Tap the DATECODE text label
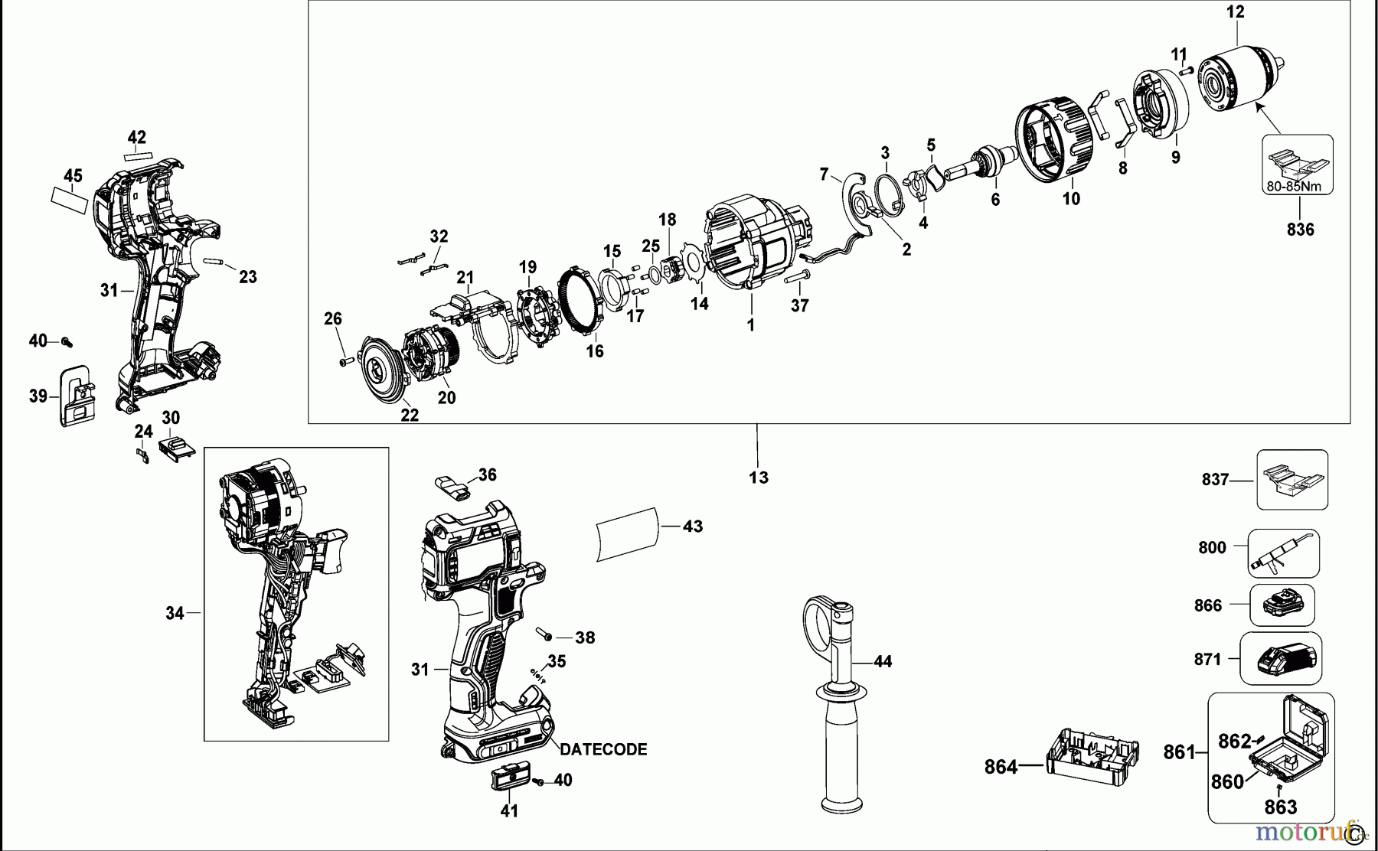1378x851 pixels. [603, 750]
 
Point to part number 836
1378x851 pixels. [1300, 229]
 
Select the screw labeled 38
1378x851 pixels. [544, 634]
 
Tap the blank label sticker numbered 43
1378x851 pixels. [627, 533]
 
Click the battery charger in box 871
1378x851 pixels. [1286, 659]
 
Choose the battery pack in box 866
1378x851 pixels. [1282, 606]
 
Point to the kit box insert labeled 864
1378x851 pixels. [1091, 756]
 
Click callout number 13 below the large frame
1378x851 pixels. [758, 477]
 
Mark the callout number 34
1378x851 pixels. [175, 612]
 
